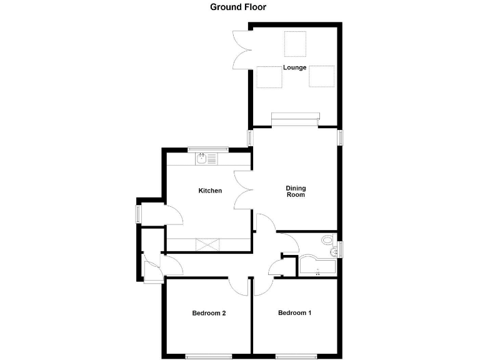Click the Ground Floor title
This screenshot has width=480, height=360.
(238, 7)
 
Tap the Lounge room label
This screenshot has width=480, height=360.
(294, 67)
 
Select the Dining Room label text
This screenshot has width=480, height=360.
(296, 191)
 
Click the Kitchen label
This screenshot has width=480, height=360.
(210, 191)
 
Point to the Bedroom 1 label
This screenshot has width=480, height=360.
(294, 313)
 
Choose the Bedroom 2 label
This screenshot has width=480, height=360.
(209, 313)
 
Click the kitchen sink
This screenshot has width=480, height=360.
(202, 159)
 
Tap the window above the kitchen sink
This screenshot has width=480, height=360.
(207, 149)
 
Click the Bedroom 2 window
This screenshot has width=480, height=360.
(208, 357)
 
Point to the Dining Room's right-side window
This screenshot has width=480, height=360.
(341, 137)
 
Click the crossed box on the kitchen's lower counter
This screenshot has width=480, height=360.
(205, 244)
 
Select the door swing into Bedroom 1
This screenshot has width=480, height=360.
(263, 286)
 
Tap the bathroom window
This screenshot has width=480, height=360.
(341, 249)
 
